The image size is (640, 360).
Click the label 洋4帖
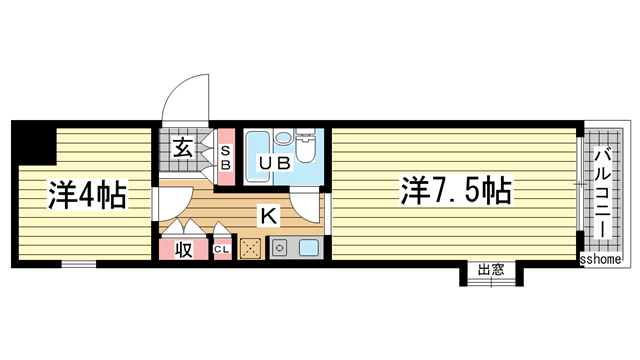coord(86,194)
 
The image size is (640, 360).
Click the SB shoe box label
coord(226,158)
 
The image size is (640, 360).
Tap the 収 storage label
coord(185,249)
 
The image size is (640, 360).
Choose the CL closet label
coord(220,250)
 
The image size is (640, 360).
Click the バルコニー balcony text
coord(604,189)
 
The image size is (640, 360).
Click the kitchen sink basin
coord(307,249)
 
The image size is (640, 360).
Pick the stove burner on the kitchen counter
coord(279,249)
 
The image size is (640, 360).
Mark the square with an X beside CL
coord(250,248)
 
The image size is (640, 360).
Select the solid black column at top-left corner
coord(30,143)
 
